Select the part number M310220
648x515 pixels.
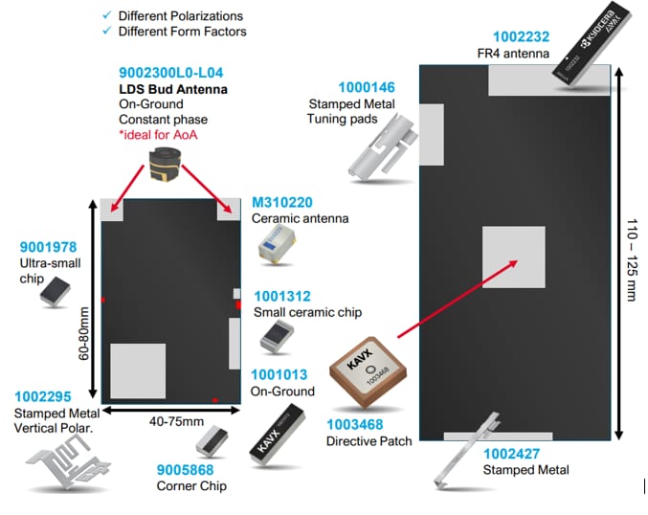[281, 203]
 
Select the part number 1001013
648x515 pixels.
[281, 375]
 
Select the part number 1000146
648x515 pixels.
[340, 88]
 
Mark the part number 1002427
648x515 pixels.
[516, 454]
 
